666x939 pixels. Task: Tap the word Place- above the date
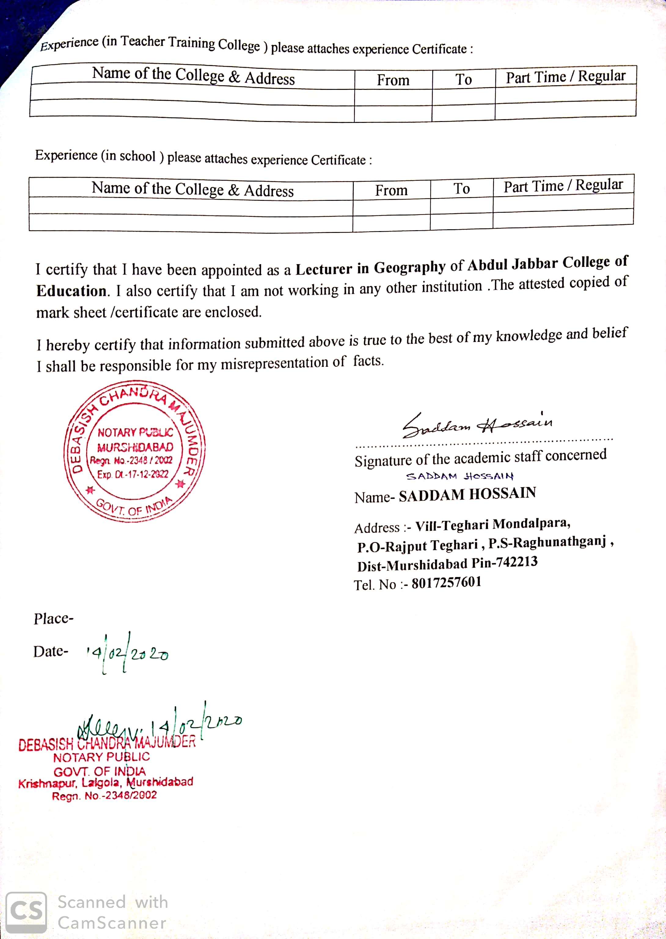[53, 618]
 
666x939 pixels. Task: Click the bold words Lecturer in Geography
[370, 268]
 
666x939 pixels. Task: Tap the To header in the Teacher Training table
[463, 79]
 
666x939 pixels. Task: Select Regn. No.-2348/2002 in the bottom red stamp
[104, 796]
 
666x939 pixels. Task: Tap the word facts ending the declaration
[368, 361]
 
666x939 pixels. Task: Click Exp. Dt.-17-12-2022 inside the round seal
[133, 474]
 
